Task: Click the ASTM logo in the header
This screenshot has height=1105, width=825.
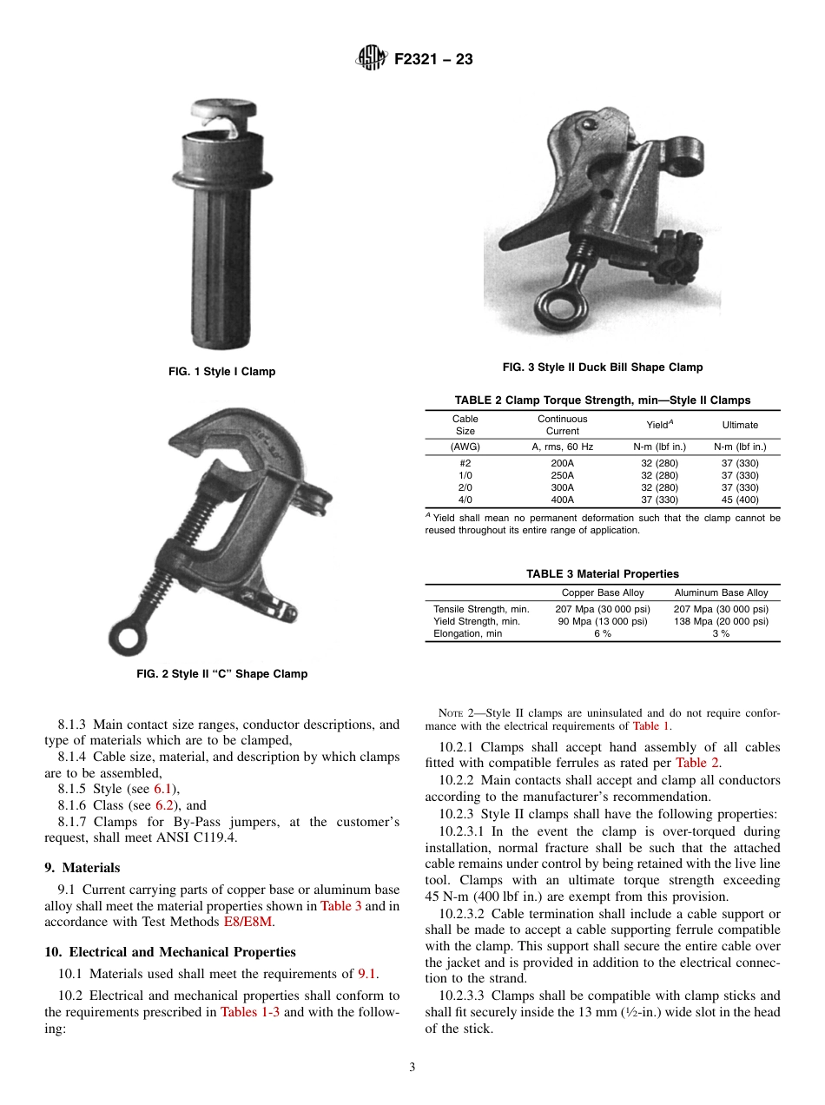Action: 371,59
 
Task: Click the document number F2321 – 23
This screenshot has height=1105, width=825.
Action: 433,60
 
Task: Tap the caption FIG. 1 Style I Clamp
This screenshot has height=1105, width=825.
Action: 221,372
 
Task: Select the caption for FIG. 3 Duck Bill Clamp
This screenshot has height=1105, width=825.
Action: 603,367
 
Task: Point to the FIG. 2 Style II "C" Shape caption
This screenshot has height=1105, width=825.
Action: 221,674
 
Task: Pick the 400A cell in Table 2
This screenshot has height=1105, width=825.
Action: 562,500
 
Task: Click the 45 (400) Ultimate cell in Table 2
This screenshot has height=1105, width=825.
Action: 740,500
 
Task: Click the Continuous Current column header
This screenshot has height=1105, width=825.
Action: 562,425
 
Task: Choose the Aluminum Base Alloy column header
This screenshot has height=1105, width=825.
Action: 721,592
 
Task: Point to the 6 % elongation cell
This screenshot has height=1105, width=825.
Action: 602,634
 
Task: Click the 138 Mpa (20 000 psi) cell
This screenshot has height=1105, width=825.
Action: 721,622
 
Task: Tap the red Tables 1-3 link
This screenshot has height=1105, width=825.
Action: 250,1012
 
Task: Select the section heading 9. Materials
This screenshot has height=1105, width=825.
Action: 82,868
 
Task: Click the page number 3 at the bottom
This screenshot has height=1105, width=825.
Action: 412,1068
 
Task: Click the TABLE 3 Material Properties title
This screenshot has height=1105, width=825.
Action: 603,574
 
